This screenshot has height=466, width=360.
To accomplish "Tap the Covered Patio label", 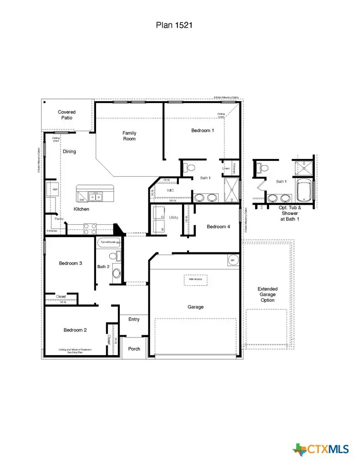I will (x=67, y=115).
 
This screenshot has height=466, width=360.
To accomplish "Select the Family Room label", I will (x=129, y=136).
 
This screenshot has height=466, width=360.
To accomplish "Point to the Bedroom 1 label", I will (x=203, y=131).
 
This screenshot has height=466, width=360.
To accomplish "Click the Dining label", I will (x=69, y=151).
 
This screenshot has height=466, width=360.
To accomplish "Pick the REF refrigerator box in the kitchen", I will (x=55, y=190).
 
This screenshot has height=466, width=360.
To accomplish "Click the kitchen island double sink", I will (x=96, y=197).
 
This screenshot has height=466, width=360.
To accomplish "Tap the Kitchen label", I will (x=81, y=209).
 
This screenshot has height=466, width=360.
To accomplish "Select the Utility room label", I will (x=173, y=217).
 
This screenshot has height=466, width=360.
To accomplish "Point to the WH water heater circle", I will (x=233, y=260).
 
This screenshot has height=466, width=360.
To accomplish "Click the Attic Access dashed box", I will (x=195, y=279).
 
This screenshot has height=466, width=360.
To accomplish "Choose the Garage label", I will (x=195, y=307).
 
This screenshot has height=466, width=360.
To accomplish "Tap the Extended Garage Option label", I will (x=267, y=294).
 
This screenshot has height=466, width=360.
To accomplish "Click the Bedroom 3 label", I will (x=71, y=264).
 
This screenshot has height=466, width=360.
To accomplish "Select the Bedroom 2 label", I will (x=75, y=330).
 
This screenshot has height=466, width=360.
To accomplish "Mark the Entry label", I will (x=134, y=319).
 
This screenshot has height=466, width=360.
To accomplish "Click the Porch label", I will (x=134, y=349).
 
